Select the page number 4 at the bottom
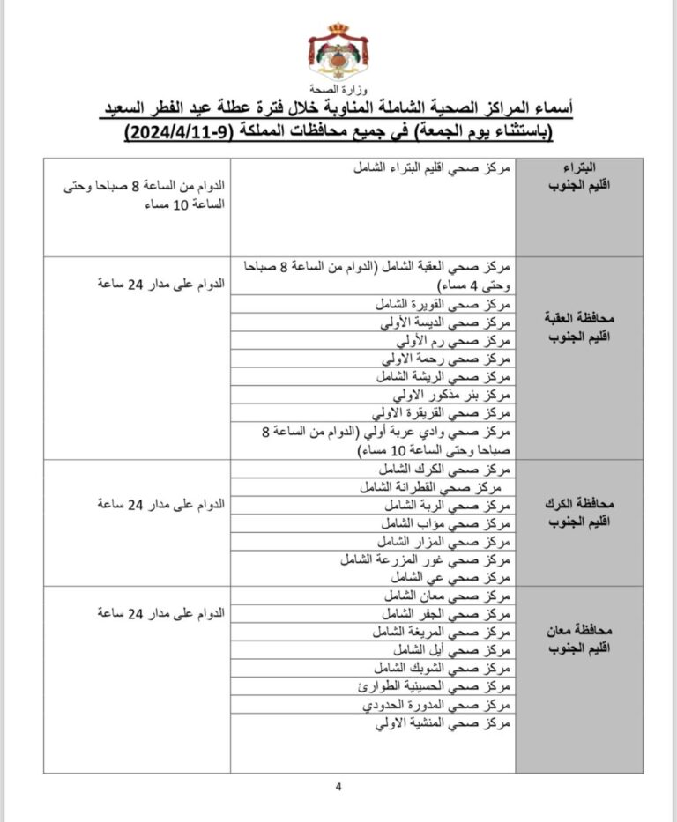point(338,787)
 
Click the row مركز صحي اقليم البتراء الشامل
point(433,167)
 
